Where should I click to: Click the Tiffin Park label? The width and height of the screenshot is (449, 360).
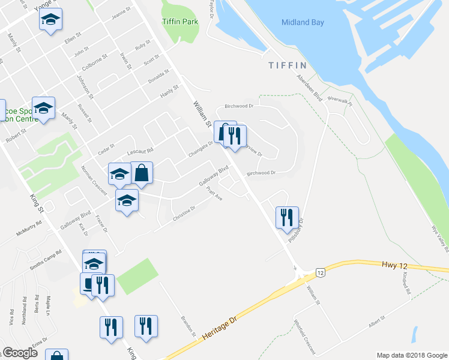(x=180, y=22)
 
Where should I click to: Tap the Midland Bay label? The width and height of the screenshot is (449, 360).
(x=303, y=23)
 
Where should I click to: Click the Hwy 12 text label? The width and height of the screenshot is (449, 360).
(x=394, y=264)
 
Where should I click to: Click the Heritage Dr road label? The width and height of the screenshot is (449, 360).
(x=220, y=329)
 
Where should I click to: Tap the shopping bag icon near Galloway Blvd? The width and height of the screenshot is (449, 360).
(x=142, y=173)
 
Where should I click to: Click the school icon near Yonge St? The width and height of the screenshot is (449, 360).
(x=51, y=20)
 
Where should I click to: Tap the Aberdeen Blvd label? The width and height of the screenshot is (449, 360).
(x=310, y=89)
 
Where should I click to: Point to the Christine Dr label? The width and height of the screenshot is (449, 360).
(x=184, y=215)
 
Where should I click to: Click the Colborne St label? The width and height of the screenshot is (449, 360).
(x=95, y=63)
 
